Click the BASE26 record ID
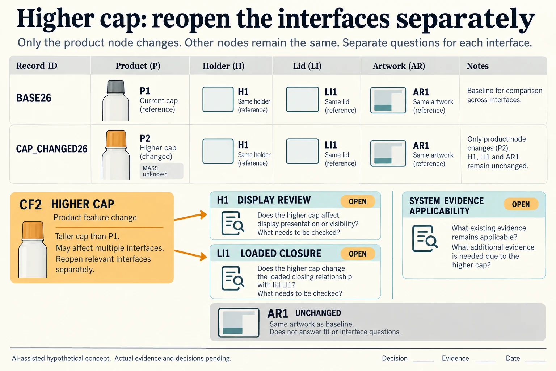(34, 98)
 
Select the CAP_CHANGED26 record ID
(52, 149)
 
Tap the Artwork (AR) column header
(399, 66)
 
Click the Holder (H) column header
(223, 66)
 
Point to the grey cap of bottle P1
(116, 87)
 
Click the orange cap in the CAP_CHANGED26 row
(116, 139)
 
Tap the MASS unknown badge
(161, 171)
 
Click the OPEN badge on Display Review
(358, 201)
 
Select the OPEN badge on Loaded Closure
(358, 254)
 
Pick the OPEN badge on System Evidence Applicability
(521, 204)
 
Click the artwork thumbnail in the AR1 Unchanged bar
(239, 322)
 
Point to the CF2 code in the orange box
(30, 205)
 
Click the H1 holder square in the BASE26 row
(218, 99)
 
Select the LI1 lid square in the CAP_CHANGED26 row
(302, 151)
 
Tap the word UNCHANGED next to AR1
(318, 313)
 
